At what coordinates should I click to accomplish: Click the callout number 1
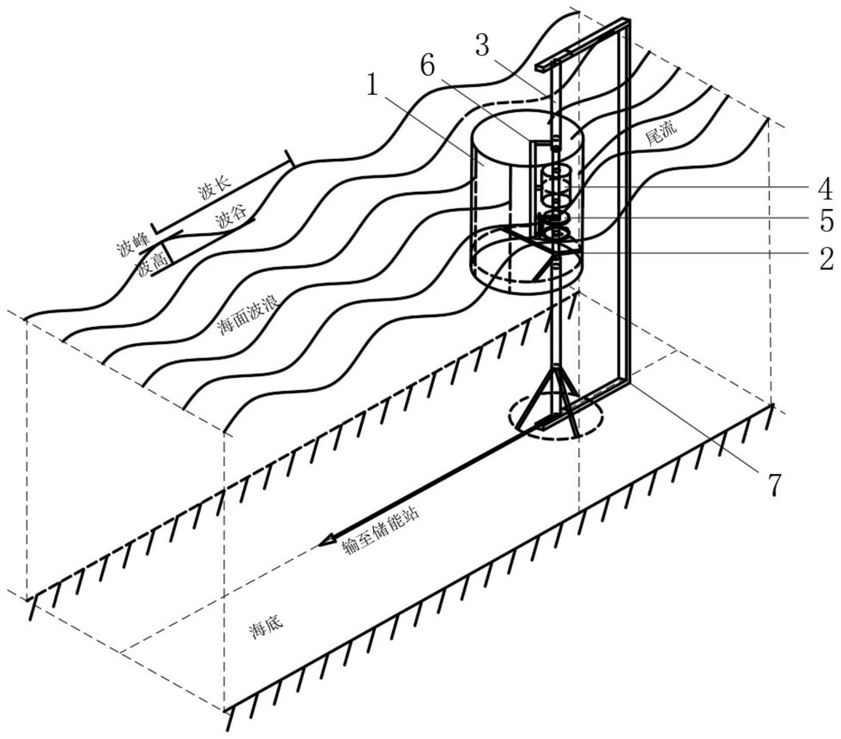tap(374, 85)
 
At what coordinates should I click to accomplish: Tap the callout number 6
tap(428, 67)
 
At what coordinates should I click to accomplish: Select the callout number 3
tap(482, 45)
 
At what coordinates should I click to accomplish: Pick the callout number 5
tap(826, 221)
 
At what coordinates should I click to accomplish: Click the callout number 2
tap(826, 258)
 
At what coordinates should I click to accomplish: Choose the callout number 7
tap(774, 485)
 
